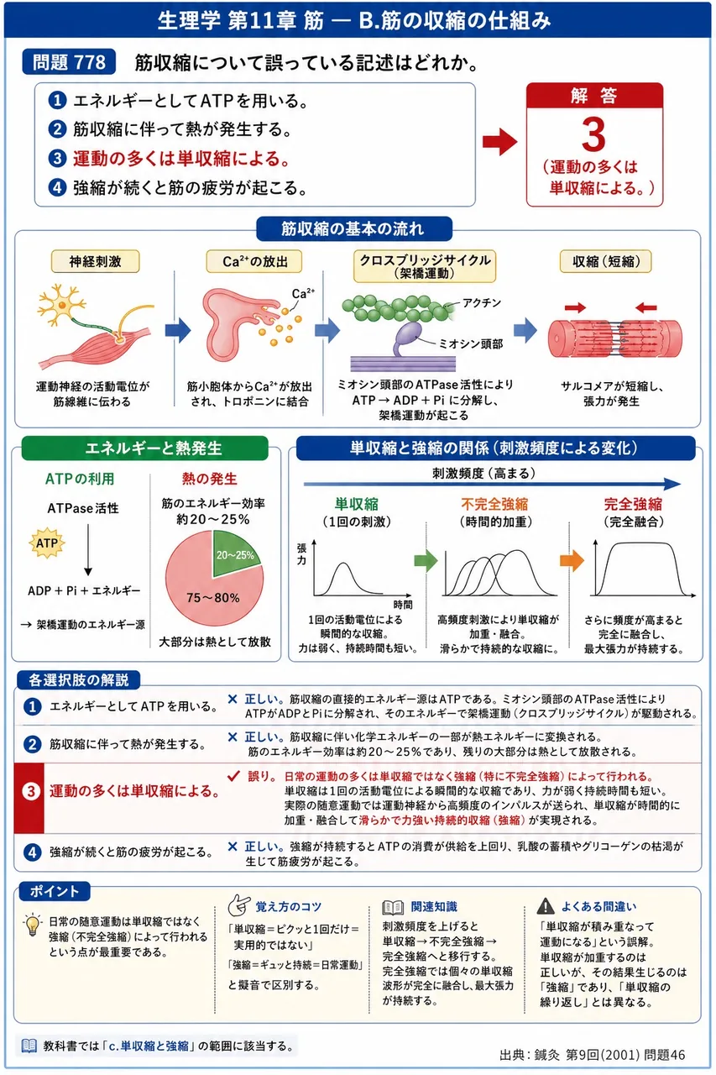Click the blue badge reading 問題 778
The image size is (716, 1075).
tap(69, 62)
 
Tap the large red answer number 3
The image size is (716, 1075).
tap(593, 134)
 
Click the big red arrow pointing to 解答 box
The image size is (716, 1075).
tap(499, 142)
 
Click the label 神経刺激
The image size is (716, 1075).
tap(95, 261)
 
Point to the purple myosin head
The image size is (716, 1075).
tap(406, 335)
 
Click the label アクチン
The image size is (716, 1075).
tap(482, 303)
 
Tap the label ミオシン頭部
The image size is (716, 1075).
tap(471, 343)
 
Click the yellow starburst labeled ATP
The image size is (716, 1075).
tap(46, 543)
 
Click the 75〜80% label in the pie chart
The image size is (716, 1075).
tap(213, 597)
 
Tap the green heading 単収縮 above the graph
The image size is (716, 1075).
tap(357, 504)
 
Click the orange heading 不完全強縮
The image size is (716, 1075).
tap(494, 504)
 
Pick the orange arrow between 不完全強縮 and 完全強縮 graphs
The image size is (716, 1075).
tap(572, 560)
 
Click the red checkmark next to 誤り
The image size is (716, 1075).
tap(233, 776)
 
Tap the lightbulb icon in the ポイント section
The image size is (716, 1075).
tap(33, 925)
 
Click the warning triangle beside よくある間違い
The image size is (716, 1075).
tap(546, 906)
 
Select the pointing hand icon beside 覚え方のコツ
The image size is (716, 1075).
tap(239, 905)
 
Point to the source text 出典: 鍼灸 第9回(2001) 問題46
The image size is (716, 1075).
tap(593, 1054)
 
